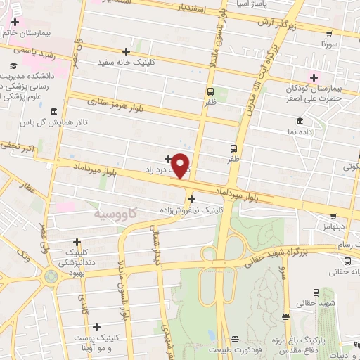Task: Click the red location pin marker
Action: pyautogui.click(x=181, y=165)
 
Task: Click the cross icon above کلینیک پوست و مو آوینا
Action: pyautogui.click(x=96, y=326)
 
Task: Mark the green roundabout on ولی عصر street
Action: pyautogui.click(x=50, y=276)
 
